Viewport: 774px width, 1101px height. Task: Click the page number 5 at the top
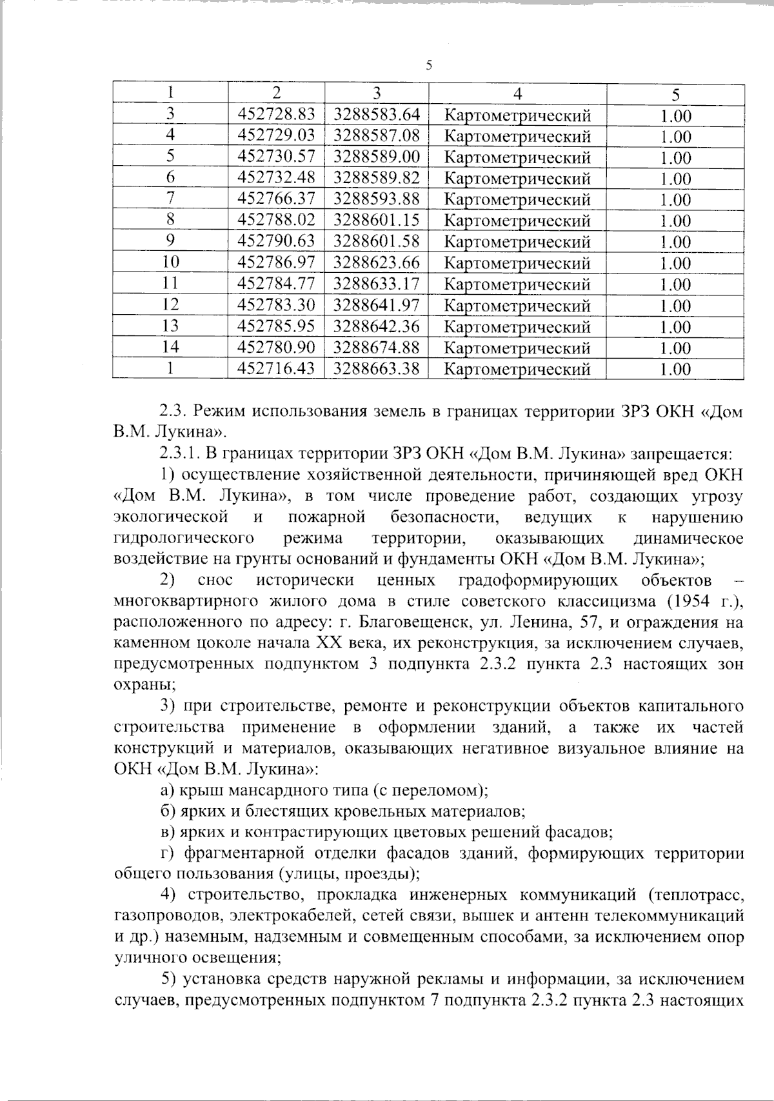[x=429, y=64]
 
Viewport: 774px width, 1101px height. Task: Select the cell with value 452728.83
[x=276, y=115]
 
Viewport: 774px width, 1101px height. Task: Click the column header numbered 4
[x=517, y=94]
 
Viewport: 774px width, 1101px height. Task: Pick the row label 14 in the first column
[x=170, y=348]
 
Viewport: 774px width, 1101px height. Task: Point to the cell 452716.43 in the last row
[x=276, y=369]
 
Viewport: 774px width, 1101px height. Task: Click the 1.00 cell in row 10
[x=675, y=263]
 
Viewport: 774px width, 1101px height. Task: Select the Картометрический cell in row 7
[x=517, y=199]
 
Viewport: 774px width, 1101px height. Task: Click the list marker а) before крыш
[x=167, y=789]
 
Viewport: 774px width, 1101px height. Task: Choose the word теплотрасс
[x=697, y=896]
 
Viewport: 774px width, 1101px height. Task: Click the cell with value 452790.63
[x=276, y=242]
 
